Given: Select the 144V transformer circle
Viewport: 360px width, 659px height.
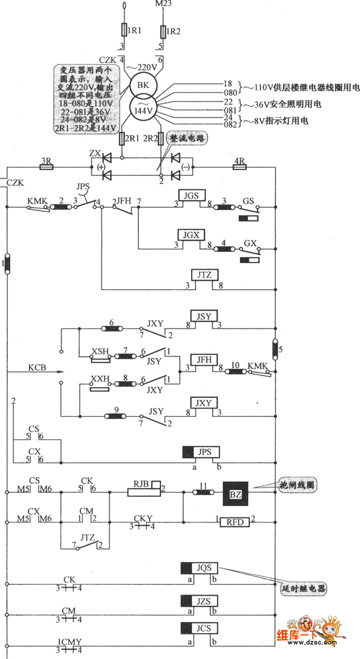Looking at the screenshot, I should click(143, 109).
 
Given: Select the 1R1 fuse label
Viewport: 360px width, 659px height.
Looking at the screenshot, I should click(135, 31).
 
